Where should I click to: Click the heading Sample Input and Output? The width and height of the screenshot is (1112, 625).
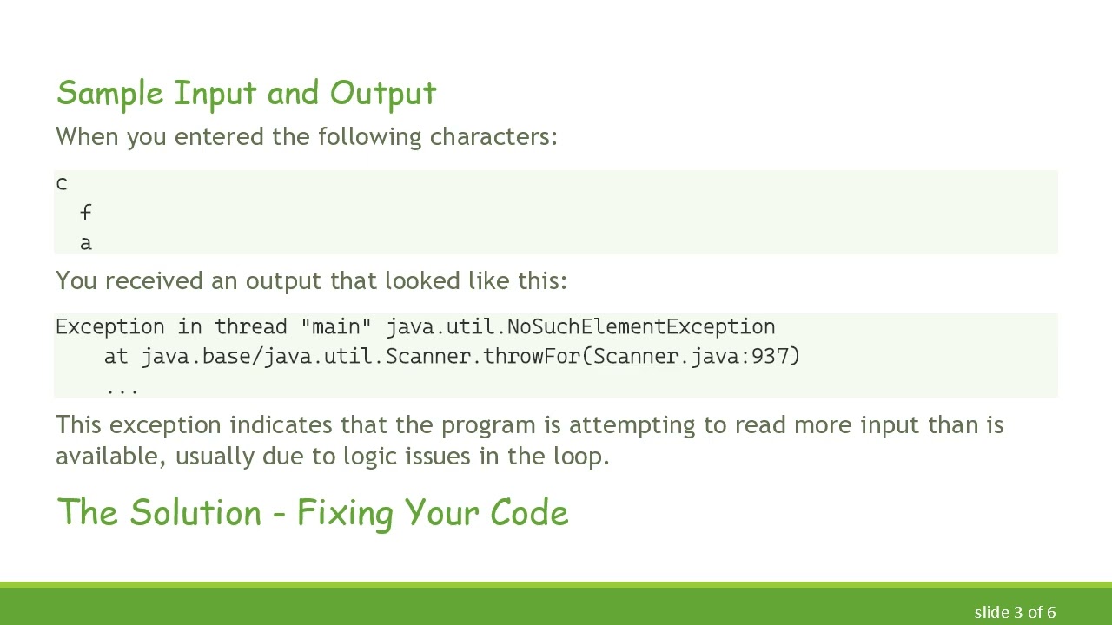coord(246,94)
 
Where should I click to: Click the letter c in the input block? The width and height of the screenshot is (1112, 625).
coord(61,184)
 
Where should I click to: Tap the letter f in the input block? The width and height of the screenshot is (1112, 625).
coord(85,213)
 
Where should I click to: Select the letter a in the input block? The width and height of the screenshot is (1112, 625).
coord(85,243)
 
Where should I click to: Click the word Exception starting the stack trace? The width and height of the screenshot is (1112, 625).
coord(109,326)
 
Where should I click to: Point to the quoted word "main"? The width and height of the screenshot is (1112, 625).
coord(335,326)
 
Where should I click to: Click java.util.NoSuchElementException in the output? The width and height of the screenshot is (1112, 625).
coord(580,326)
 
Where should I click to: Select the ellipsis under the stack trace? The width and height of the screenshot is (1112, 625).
coord(122,389)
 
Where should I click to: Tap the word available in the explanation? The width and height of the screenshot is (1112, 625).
coord(109,457)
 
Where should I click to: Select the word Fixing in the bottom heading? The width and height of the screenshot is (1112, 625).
coord(345,513)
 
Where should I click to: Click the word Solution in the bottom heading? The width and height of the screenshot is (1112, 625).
coord(195,513)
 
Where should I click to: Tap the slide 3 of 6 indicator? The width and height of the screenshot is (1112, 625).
coord(1015,612)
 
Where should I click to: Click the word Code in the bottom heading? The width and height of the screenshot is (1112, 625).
coord(529,513)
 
